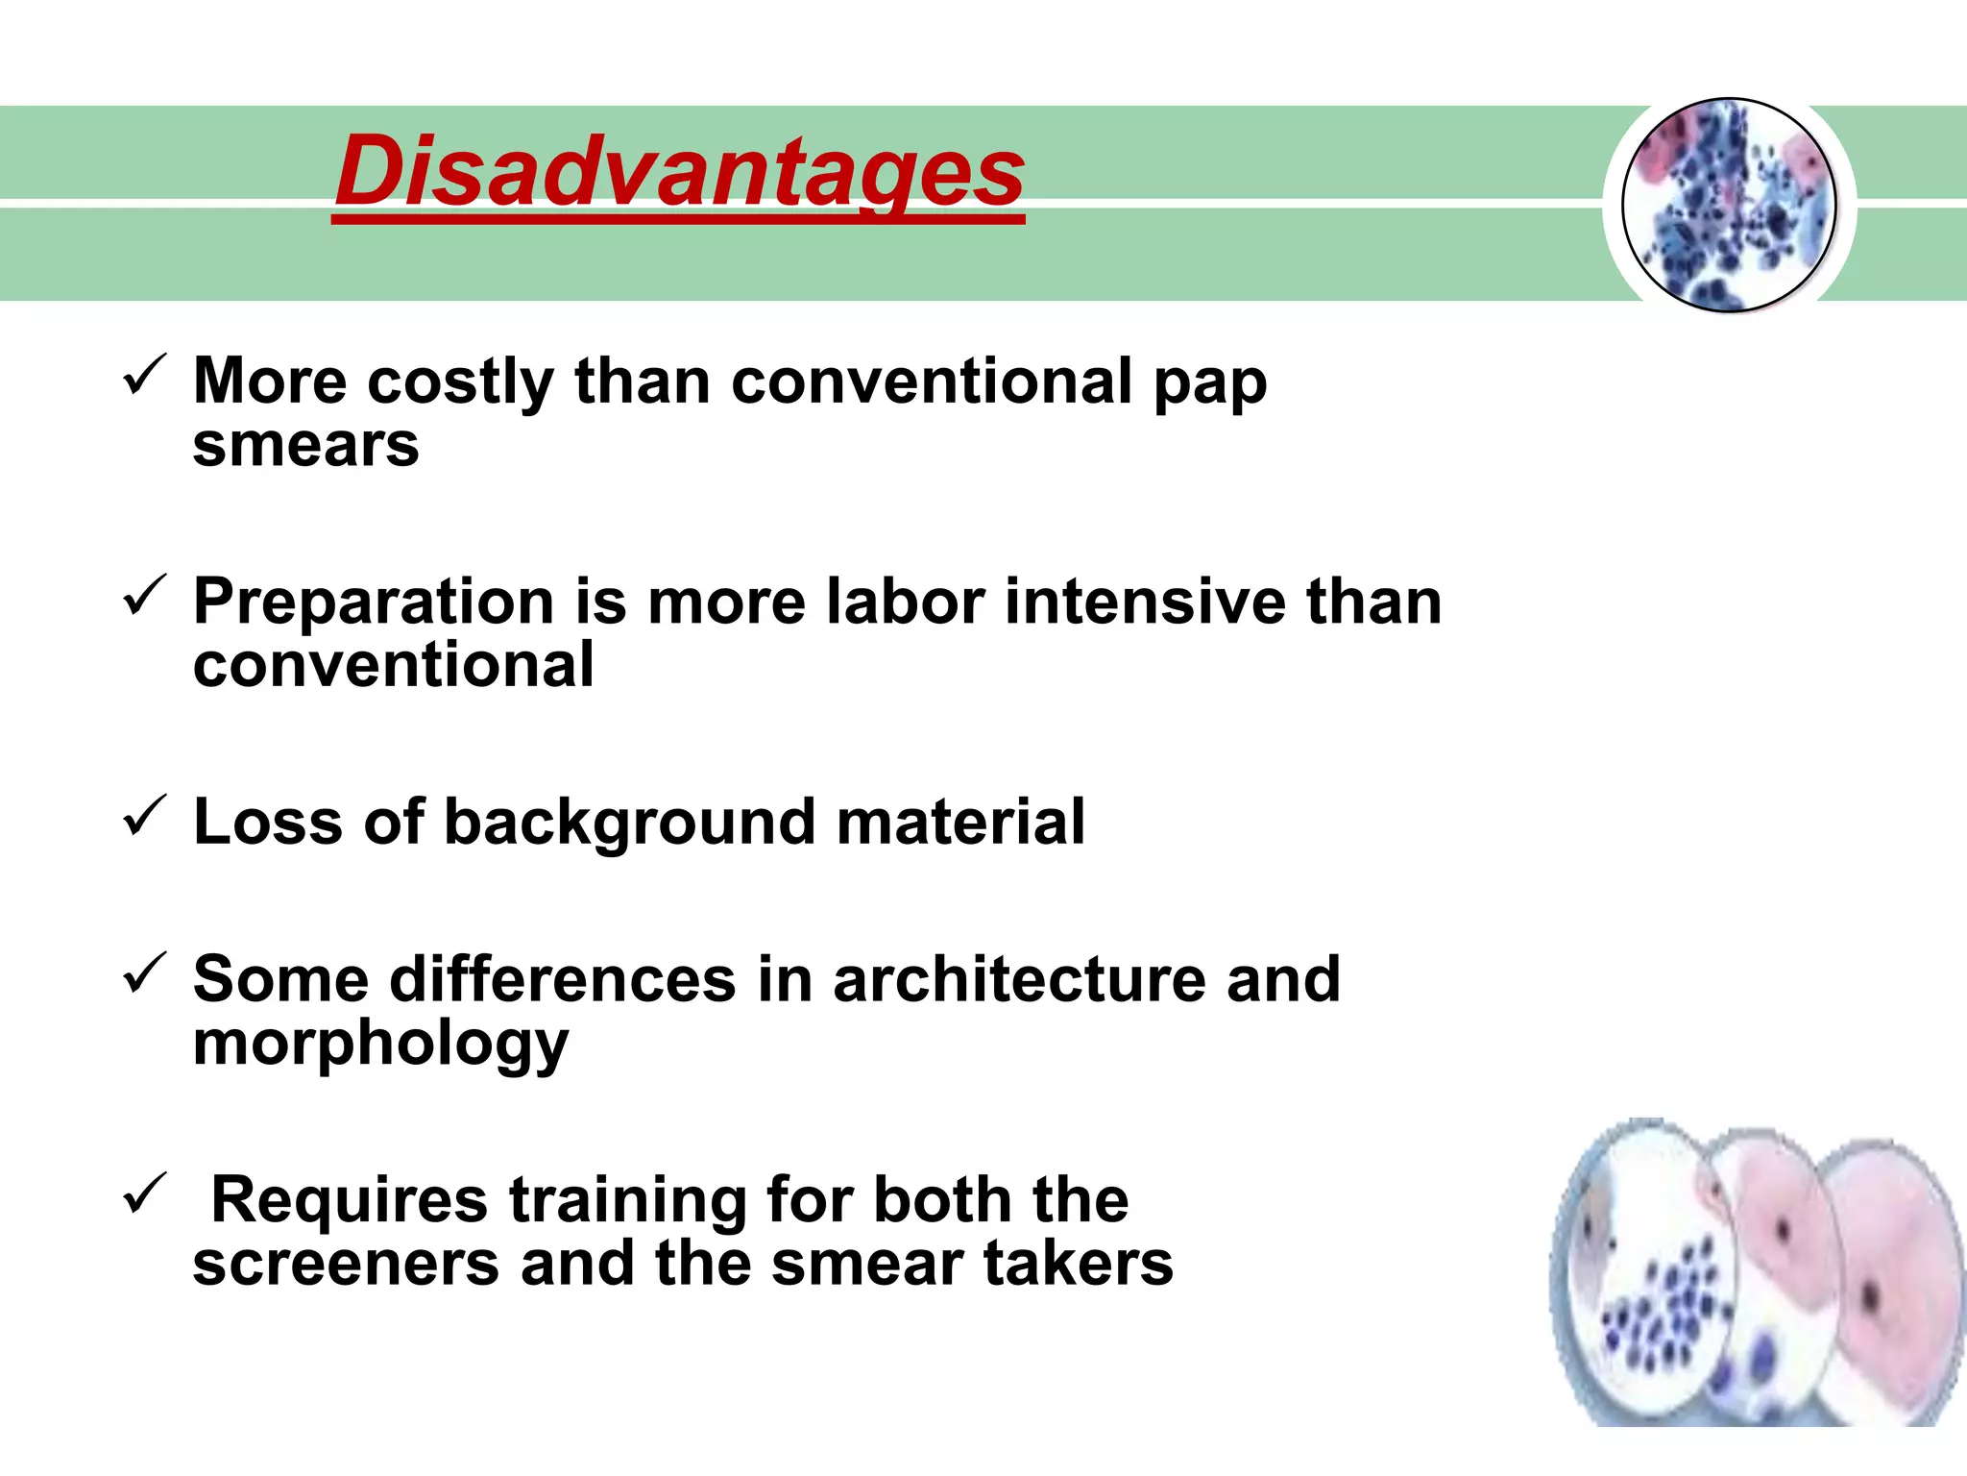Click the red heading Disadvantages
679,173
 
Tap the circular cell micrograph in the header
1729,205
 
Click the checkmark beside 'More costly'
145,376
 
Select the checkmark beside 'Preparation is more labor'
145,596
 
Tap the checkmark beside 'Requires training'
145,1193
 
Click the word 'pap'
1210,384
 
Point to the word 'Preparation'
374,603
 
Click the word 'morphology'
380,1045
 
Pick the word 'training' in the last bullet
627,1201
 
